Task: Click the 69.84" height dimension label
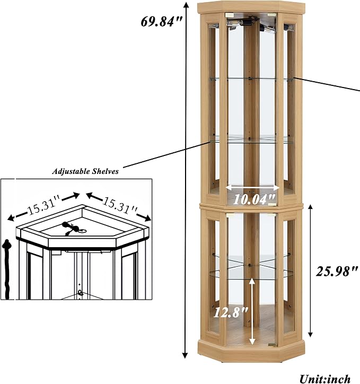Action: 161,22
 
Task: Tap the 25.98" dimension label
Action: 337,272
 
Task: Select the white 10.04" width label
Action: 254,199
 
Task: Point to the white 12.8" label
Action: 231,312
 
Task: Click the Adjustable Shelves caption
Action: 85,171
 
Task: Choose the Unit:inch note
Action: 324,379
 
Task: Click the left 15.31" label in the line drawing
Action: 43,207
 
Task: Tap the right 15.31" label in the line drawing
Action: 120,204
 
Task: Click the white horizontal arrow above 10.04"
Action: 252,188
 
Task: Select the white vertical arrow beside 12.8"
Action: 252,312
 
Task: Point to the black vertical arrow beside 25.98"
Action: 310,271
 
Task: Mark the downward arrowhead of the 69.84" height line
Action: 185,355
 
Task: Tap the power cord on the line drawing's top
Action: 73,228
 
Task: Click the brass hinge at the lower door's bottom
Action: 272,345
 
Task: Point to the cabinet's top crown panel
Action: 252,7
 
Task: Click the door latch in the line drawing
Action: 80,292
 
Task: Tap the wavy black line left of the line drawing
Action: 7,269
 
